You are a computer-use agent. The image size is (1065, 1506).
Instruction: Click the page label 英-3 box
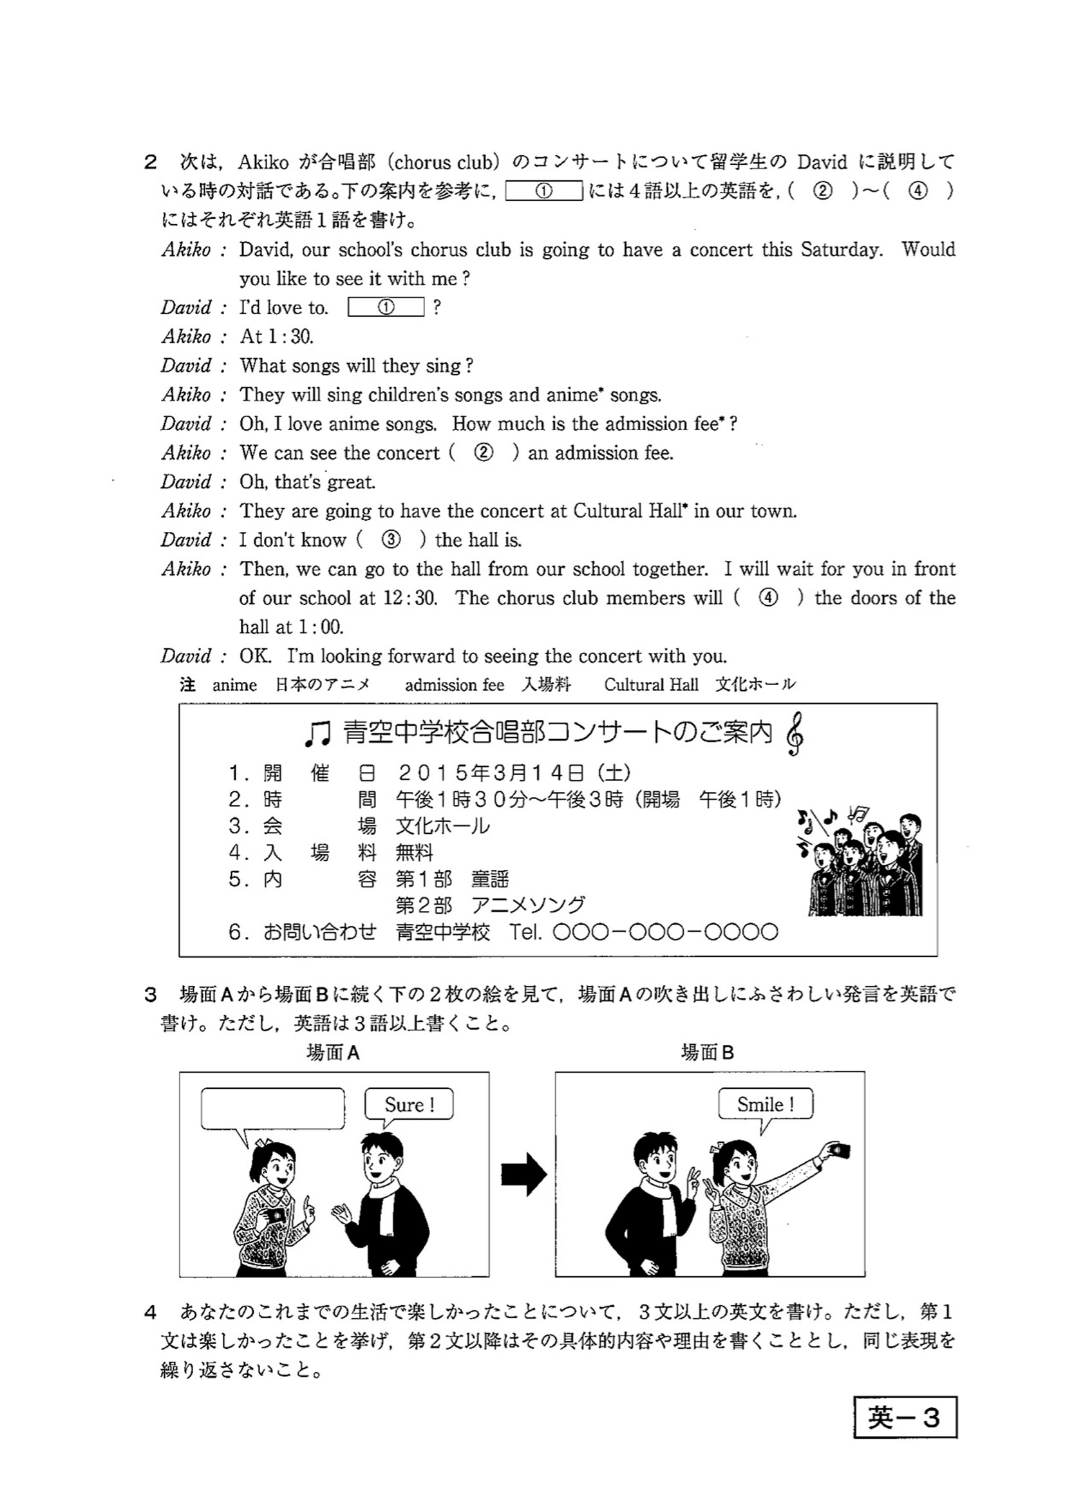(x=905, y=1417)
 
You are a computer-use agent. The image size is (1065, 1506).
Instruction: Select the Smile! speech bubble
(x=766, y=1105)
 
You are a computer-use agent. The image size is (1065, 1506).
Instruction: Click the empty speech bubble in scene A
(x=272, y=1109)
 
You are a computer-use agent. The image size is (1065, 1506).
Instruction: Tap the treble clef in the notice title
(x=795, y=734)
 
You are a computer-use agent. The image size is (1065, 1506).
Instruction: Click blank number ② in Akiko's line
(x=484, y=453)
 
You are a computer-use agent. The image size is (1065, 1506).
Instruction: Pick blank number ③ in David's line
(x=391, y=540)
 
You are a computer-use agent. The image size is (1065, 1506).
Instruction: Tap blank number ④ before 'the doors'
(x=768, y=598)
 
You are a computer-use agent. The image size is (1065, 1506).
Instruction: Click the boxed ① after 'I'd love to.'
(x=386, y=307)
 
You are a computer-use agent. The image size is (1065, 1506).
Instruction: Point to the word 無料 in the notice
(x=415, y=852)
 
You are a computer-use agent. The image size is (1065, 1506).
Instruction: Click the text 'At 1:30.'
(x=277, y=337)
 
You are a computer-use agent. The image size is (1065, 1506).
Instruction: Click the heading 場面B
(x=707, y=1053)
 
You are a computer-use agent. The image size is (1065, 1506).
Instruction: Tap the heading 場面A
(x=333, y=1053)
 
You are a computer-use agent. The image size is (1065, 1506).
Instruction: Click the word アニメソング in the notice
(x=527, y=906)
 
